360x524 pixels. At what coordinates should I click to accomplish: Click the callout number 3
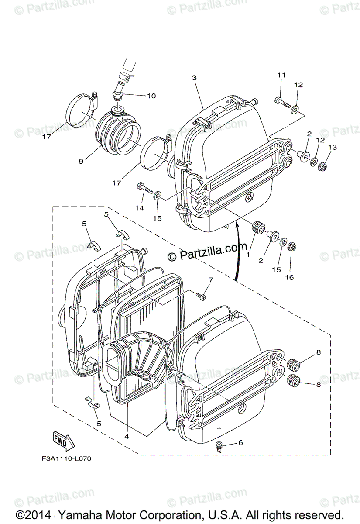click(x=194, y=78)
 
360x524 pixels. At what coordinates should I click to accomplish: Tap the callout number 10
click(x=139, y=96)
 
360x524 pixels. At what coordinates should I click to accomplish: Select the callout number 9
click(x=81, y=161)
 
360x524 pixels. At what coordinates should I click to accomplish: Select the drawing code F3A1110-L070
click(x=64, y=459)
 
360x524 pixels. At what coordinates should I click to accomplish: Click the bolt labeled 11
click(x=282, y=101)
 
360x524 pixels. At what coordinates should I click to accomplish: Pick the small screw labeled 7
click(x=201, y=296)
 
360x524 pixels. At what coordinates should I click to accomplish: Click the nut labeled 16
click(x=292, y=248)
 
